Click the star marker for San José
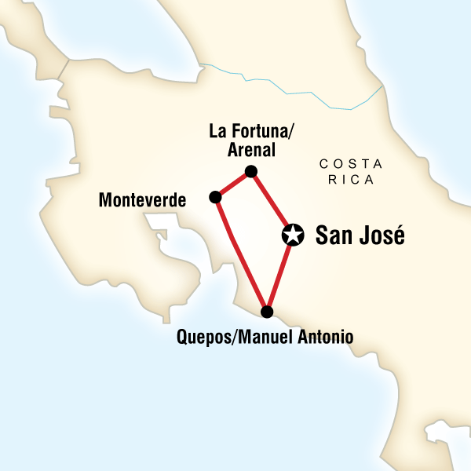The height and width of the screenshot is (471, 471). (292, 234)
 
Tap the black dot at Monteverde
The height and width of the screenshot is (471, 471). (214, 197)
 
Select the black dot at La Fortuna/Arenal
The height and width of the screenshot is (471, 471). (251, 171)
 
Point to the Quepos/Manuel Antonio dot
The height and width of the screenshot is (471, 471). (268, 312)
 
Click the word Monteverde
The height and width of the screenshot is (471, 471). (142, 201)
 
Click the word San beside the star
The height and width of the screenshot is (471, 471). (331, 235)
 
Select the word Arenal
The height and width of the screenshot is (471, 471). (251, 149)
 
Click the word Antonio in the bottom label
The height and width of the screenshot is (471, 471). (325, 338)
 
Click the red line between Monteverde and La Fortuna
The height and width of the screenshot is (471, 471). (232, 184)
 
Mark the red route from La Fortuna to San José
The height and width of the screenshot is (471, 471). (271, 201)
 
